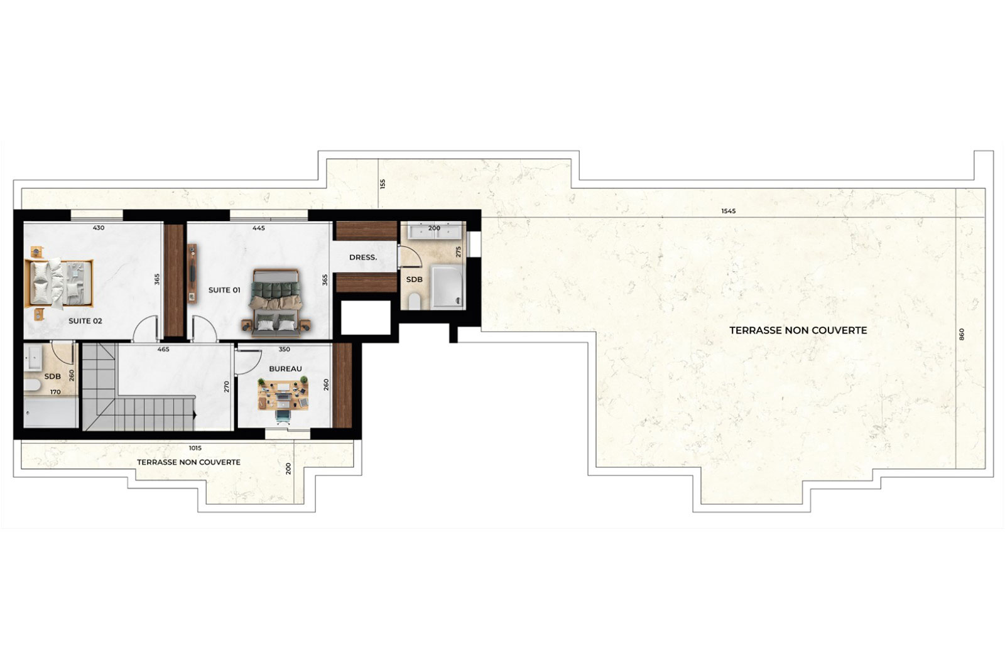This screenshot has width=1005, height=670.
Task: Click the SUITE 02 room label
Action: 85,321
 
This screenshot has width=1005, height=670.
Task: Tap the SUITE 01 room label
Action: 224,290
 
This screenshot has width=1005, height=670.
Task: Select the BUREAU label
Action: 285,369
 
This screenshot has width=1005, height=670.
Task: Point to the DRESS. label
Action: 363,257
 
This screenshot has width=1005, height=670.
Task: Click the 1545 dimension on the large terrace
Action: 729,211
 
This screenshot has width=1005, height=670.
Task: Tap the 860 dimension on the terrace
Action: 961,334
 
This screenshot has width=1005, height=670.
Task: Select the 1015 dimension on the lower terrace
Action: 195,448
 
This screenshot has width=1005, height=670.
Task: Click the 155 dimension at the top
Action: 383,184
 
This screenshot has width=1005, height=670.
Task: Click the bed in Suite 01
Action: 276,303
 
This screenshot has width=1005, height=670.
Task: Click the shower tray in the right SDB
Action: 447,286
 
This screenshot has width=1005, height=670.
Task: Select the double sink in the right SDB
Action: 434,230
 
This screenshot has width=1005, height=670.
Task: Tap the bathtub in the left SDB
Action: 51,413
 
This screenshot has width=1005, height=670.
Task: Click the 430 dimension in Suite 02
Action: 98,228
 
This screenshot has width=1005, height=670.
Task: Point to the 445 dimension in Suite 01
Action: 258,228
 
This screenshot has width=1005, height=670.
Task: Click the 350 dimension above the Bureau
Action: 285,349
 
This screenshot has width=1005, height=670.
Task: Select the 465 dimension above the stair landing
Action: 163,349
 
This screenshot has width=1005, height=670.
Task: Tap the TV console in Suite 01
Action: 192,274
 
